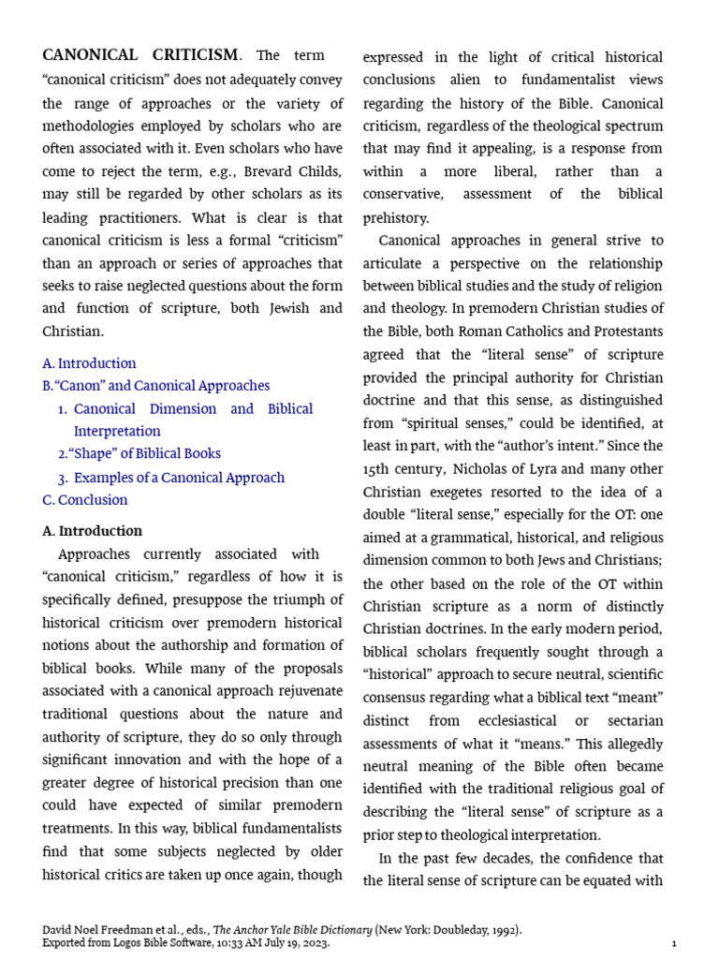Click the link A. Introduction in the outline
[89, 363]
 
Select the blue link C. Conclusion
[85, 500]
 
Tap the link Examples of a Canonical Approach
[179, 478]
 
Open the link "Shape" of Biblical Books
[145, 454]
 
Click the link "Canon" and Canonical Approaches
[156, 386]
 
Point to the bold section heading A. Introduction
[93, 531]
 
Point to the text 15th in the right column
[375, 469]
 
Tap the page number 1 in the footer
[674, 944]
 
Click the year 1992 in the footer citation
[503, 930]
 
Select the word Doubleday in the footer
[456, 930]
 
